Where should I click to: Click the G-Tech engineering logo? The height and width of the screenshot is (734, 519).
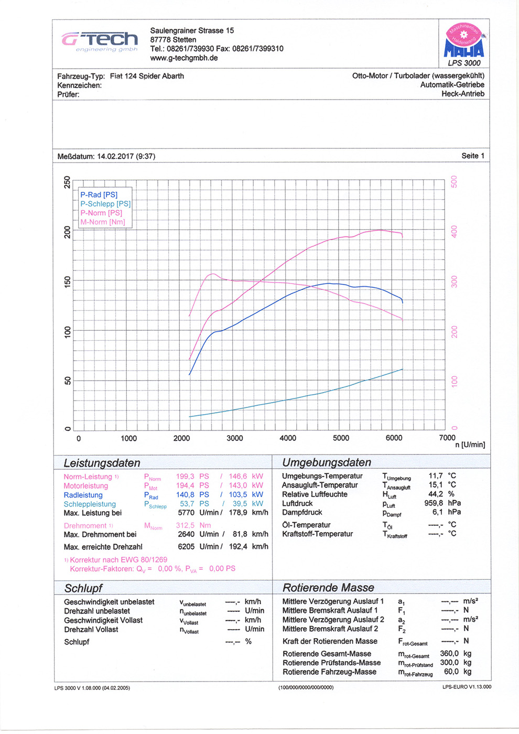[100, 41]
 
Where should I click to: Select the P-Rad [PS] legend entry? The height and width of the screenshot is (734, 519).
[99, 195]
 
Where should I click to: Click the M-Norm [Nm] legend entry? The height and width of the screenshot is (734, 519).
[102, 222]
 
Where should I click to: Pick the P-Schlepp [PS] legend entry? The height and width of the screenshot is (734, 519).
[105, 204]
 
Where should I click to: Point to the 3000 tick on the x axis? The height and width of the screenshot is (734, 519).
[234, 438]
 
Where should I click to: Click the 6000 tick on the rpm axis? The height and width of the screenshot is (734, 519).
[394, 438]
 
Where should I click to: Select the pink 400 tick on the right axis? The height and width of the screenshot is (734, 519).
[454, 231]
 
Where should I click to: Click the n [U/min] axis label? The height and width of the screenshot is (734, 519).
[470, 445]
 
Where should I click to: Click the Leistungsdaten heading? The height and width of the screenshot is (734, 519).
[102, 463]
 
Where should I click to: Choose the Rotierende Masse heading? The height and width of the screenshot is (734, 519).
[328, 588]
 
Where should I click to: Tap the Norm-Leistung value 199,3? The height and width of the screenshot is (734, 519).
[185, 477]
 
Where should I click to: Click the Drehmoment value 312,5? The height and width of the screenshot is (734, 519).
[185, 525]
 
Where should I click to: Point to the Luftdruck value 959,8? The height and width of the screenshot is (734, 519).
[435, 503]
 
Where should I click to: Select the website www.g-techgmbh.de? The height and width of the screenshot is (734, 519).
[183, 58]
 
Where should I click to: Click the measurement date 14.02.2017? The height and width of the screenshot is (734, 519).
[115, 156]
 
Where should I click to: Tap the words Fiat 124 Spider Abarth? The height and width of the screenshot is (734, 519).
[147, 76]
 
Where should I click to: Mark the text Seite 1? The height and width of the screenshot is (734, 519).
[472, 156]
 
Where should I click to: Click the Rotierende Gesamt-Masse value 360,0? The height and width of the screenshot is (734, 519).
[449, 654]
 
